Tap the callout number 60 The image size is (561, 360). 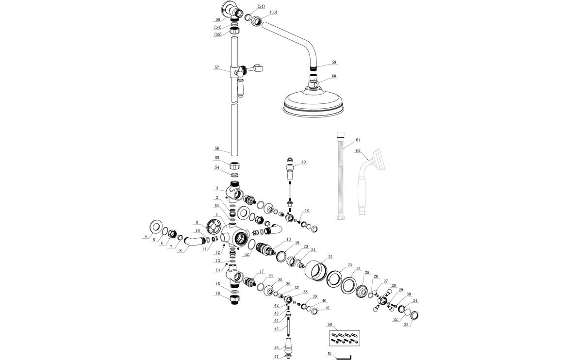pyautogui.click(x=333, y=76)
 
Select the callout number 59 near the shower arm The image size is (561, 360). pyautogui.click(x=333, y=63)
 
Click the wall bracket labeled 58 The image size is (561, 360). pyautogui.click(x=228, y=8)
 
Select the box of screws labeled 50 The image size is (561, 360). pyautogui.click(x=343, y=337)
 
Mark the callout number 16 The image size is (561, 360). pyautogui.click(x=218, y=294)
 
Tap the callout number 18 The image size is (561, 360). pyautogui.click(x=288, y=240)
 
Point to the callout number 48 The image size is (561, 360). pyautogui.click(x=306, y=211)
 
